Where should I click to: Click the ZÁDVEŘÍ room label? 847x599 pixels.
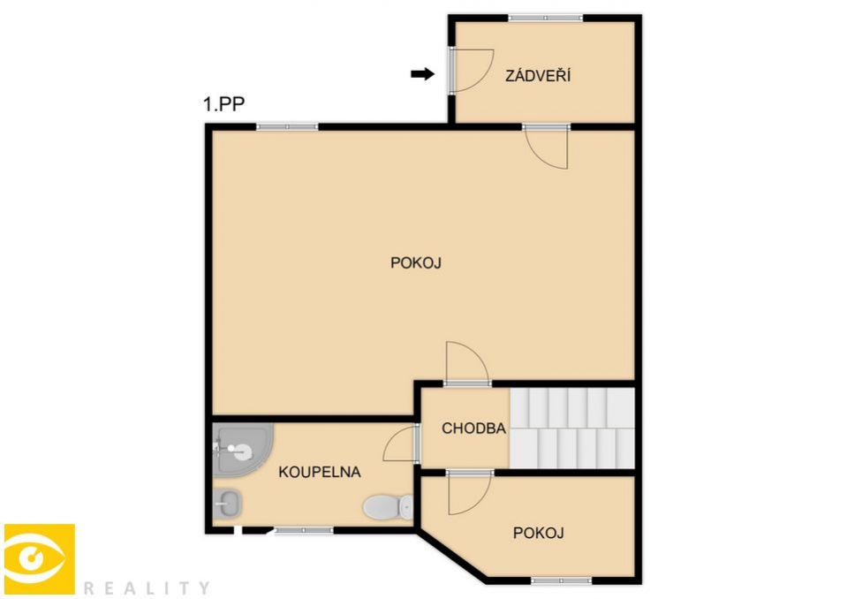click(538, 75)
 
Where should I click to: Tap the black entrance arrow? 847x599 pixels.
click(422, 74)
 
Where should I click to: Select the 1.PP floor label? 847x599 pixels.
click(223, 103)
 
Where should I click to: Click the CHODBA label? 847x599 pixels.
click(473, 428)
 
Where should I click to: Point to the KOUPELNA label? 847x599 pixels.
click(320, 472)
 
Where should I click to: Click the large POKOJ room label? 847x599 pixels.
click(416, 263)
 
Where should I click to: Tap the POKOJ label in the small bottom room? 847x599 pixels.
click(539, 533)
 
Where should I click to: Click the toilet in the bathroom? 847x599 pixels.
click(389, 507)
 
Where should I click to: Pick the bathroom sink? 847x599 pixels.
click(227, 504)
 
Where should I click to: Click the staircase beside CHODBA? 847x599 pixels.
click(572, 428)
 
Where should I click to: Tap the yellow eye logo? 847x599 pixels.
click(40, 559)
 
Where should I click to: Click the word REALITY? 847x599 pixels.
click(147, 588)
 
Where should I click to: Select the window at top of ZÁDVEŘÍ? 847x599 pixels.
click(546, 18)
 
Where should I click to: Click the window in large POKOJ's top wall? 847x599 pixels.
click(287, 127)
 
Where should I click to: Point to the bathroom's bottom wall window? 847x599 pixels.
click(304, 531)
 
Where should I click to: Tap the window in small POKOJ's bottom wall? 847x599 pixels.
click(562, 580)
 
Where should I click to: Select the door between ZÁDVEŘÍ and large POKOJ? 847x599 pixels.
click(546, 147)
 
